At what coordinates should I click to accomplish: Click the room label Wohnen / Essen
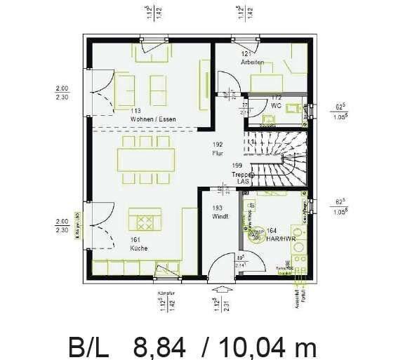click(x=152, y=119)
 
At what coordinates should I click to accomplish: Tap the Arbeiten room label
click(x=252, y=62)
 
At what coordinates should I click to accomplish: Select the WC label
click(x=276, y=105)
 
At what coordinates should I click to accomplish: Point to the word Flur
click(x=218, y=151)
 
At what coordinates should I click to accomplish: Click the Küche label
click(x=138, y=248)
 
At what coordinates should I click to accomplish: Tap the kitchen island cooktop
click(x=145, y=223)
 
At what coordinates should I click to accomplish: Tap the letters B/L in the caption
click(x=88, y=347)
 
